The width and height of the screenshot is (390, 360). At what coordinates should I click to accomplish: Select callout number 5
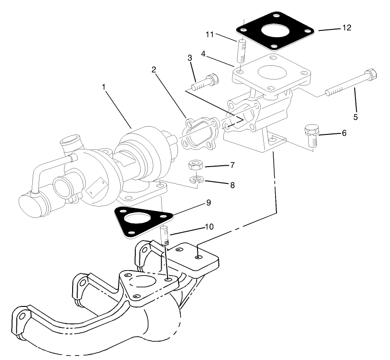pos(355,117)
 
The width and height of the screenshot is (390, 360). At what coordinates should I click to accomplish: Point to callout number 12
pos(346,28)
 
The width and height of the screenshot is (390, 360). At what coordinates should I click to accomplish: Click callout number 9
pos(208,203)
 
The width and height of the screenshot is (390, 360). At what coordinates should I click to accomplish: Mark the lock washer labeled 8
pos(196,181)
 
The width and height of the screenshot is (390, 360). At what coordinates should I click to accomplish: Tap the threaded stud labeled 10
pos(165,237)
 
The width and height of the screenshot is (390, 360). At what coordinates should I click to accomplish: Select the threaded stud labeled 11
pos(241,49)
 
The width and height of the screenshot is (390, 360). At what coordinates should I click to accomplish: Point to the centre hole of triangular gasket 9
pos(138,220)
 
